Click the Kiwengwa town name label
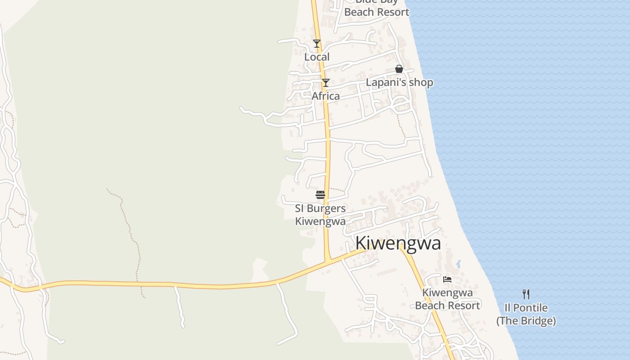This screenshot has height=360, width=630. [x=398, y=243]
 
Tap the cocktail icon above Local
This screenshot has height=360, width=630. [x=317, y=44]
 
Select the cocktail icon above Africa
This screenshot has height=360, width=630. [x=325, y=83]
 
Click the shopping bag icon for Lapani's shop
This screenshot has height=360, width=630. [x=399, y=69]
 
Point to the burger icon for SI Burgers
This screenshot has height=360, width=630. [x=320, y=195]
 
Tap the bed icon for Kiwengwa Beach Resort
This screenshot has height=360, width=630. [x=447, y=279]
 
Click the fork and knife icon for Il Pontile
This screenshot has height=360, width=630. [x=526, y=294]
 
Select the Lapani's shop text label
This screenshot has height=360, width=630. [x=399, y=82]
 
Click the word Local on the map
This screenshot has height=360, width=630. [x=317, y=57]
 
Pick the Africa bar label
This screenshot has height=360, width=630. [x=326, y=96]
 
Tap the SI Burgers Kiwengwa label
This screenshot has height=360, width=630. [x=320, y=215]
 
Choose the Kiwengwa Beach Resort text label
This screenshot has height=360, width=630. [x=447, y=299]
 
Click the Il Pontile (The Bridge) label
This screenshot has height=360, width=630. [x=526, y=314]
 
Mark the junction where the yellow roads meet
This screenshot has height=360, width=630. [x=328, y=260]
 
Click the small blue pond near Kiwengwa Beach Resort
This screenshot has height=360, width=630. [x=458, y=264]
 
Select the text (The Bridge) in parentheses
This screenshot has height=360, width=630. [x=526, y=321]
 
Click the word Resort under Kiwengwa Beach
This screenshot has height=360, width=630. [x=464, y=306]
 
